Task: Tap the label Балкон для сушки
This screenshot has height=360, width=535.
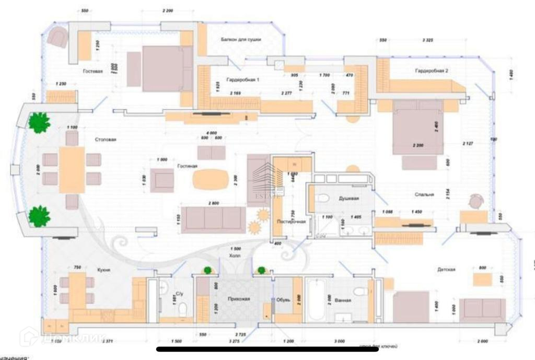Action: point(240,40)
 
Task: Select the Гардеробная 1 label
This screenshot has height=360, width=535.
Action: point(243,80)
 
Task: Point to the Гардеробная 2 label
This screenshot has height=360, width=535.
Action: point(432,70)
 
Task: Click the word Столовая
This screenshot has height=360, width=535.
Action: point(106,140)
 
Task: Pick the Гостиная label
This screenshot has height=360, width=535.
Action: point(187,166)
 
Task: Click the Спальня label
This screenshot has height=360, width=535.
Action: point(424,194)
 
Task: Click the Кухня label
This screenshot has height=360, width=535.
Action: point(103,270)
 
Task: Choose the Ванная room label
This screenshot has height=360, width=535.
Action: point(343,300)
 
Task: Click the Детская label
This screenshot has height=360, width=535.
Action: point(447,270)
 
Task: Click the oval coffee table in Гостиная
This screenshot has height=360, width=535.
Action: point(210,179)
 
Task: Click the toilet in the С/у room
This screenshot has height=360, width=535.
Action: point(183,309)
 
